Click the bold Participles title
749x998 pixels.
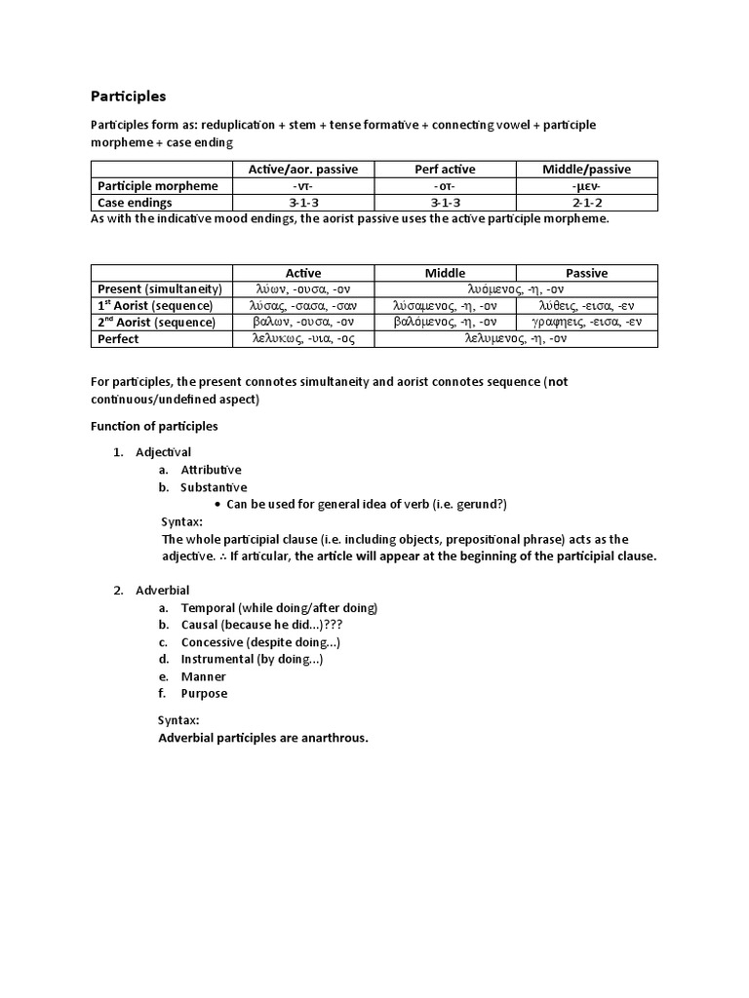(128, 96)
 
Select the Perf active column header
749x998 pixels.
(444, 170)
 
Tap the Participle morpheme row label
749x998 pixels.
(157, 186)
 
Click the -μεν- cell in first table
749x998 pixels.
(586, 186)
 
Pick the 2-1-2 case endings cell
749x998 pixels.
(586, 203)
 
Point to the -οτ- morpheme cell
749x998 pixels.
(444, 186)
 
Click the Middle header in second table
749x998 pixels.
(445, 273)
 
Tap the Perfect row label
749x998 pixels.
(117, 339)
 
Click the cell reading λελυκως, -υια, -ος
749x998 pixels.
(303, 339)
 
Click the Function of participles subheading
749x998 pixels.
(154, 426)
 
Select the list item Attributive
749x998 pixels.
(211, 470)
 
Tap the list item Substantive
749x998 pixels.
(214, 487)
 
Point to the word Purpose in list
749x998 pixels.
(204, 694)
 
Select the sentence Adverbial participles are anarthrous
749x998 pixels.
(263, 738)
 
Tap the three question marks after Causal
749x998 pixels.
(332, 625)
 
